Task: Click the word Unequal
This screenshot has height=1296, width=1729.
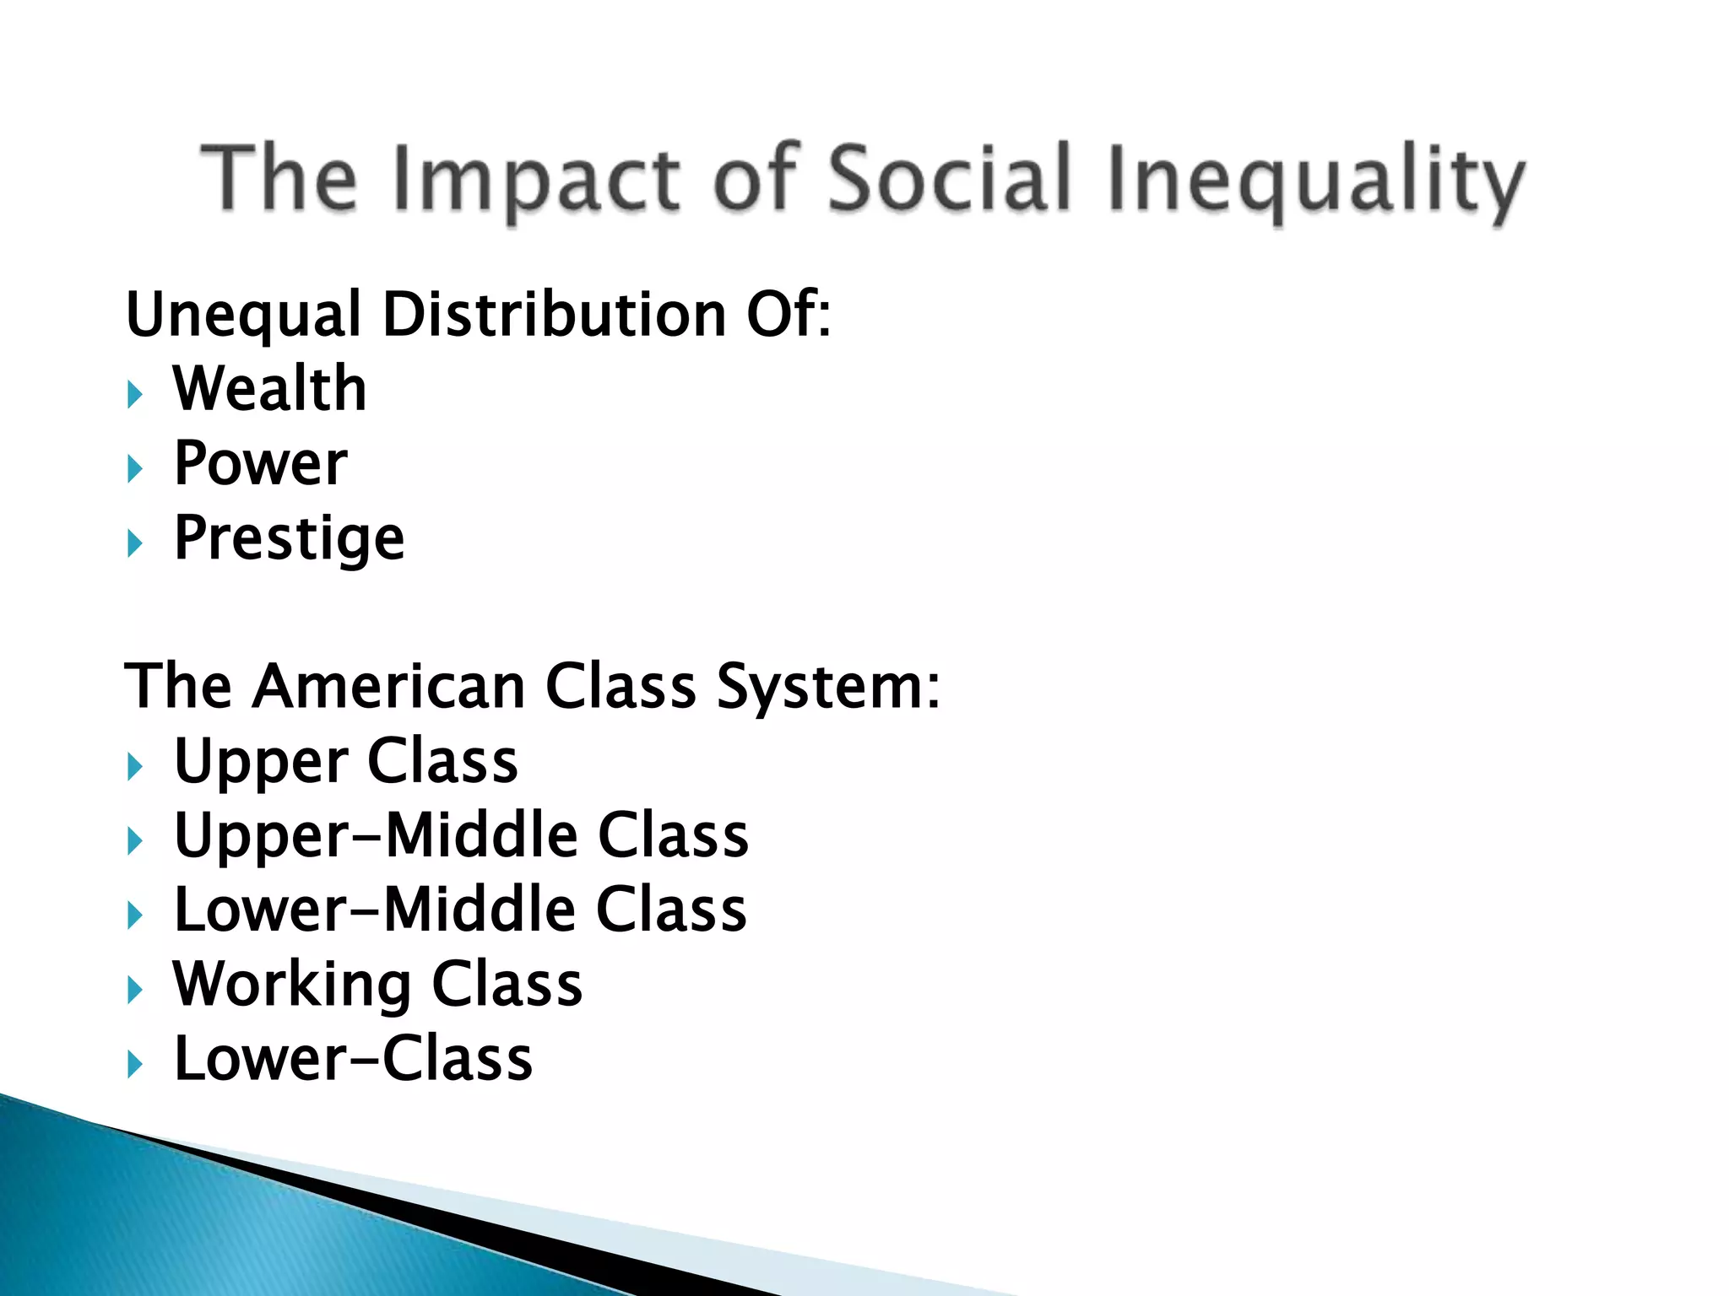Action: pyautogui.click(x=244, y=315)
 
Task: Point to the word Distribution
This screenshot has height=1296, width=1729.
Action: pyautogui.click(x=555, y=315)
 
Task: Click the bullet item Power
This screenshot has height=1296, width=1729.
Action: pyautogui.click(x=260, y=463)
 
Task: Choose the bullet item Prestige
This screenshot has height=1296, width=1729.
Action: pyautogui.click(x=290, y=538)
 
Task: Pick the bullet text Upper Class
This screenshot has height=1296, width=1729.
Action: pyautogui.click(x=345, y=761)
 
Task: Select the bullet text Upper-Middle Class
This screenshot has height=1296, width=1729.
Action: pyautogui.click(x=461, y=835)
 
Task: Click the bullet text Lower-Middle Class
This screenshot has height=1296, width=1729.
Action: pyautogui.click(x=460, y=910)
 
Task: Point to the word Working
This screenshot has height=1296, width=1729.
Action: pyautogui.click(x=292, y=985)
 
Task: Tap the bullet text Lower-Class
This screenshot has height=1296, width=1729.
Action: pyautogui.click(x=353, y=1059)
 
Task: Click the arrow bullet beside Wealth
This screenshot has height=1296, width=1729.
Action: pyautogui.click(x=135, y=394)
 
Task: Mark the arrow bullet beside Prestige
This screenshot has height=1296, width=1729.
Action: pyautogui.click(x=135, y=543)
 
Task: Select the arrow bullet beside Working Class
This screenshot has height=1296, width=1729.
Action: pyautogui.click(x=135, y=990)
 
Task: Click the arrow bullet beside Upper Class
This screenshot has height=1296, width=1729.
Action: pyautogui.click(x=135, y=766)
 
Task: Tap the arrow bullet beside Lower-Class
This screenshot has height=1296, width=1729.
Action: pyautogui.click(x=135, y=1064)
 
